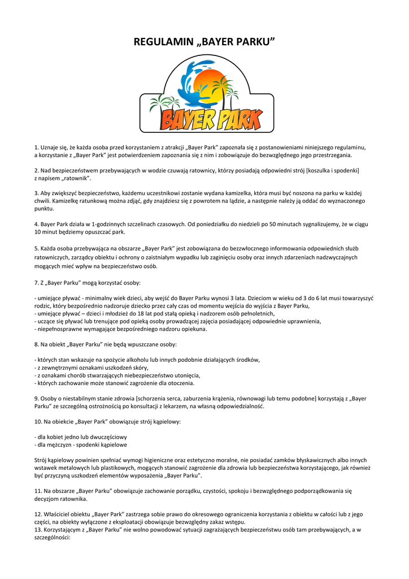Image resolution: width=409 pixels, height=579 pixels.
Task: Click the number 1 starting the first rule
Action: [x=36, y=147]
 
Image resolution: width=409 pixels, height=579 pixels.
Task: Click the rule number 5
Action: [x=36, y=248]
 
